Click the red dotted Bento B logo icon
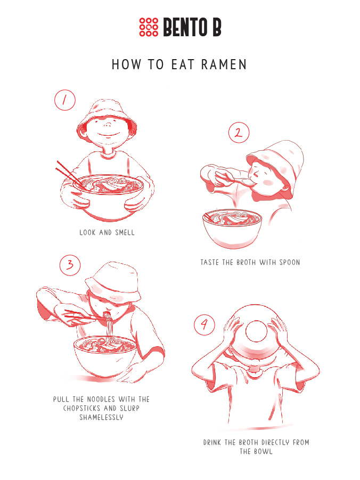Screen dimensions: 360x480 149,27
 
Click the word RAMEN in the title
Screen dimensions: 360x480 224,64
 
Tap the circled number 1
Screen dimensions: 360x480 65,100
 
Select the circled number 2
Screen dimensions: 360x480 239,133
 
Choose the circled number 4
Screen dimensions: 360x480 204,324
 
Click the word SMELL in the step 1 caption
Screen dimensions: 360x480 125,233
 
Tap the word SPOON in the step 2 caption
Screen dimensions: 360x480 290,262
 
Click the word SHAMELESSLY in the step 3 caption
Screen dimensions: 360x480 101,417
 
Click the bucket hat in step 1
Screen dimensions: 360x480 107,116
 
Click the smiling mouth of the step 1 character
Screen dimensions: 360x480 109,135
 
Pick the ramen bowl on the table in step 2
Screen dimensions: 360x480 232,227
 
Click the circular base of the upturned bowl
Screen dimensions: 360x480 257,331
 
